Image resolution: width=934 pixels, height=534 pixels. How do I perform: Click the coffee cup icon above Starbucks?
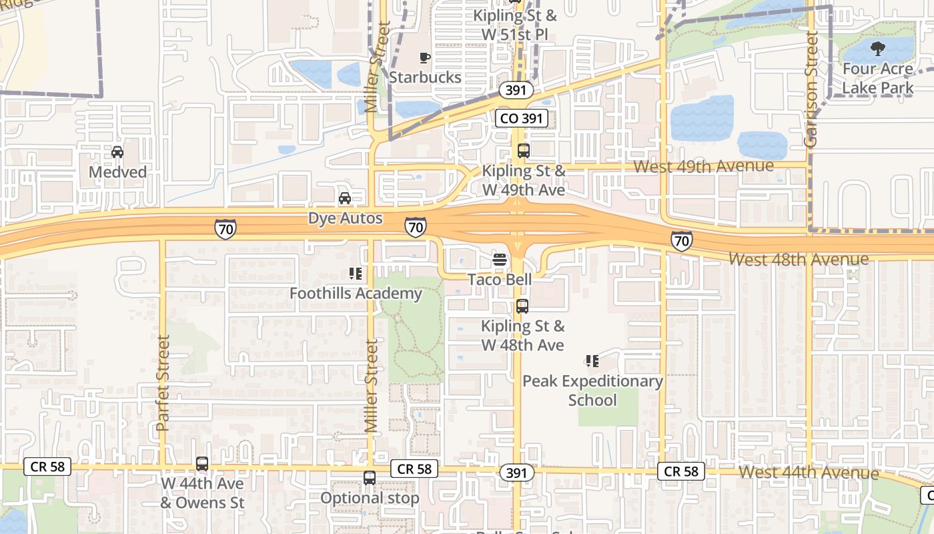[424, 58]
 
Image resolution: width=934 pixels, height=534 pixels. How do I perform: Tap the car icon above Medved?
[117, 152]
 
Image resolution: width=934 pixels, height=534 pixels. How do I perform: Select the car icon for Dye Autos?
[345, 198]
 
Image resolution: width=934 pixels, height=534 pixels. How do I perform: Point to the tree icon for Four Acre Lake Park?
[878, 48]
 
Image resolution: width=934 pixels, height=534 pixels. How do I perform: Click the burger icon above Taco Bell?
[500, 260]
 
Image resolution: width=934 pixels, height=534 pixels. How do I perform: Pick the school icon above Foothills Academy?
[355, 274]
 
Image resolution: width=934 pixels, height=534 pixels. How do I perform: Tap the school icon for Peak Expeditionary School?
[592, 361]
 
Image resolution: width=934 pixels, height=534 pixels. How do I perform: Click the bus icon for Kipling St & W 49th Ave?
[524, 151]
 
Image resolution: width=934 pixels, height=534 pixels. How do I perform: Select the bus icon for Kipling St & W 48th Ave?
[522, 306]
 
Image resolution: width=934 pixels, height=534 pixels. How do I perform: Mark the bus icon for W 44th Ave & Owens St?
[202, 463]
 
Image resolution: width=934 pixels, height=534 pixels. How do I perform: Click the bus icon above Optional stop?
[370, 478]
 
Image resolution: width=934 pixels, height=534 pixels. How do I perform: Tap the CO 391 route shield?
[522, 119]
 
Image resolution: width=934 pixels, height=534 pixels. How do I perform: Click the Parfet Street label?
[163, 382]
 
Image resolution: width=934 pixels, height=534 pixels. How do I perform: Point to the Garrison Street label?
[811, 89]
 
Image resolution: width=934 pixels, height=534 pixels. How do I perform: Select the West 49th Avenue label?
[704, 166]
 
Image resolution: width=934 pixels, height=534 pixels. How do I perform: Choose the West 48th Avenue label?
[799, 259]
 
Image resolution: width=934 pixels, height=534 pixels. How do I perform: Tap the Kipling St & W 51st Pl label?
[524, 24]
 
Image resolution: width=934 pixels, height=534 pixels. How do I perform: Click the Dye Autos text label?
[346, 218]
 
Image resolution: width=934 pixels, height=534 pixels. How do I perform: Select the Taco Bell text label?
[500, 279]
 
